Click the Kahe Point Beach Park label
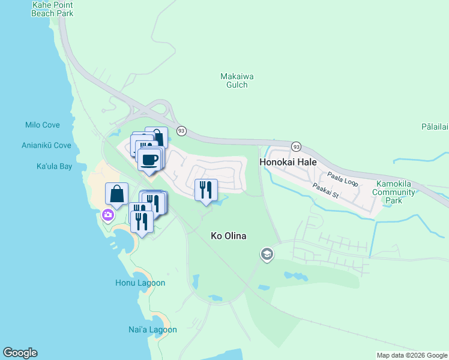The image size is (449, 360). (52, 9)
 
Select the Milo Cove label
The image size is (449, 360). (43, 125)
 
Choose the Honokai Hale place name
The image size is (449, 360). (288, 162)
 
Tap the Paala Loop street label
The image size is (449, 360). (342, 178)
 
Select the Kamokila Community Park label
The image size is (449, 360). (394, 192)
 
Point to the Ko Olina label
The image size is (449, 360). (229, 236)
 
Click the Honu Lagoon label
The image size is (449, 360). (140, 283)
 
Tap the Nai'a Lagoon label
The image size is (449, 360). (152, 329)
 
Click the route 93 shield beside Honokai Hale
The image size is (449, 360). (296, 146)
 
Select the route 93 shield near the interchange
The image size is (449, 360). (181, 131)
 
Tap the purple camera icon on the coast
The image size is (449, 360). (108, 214)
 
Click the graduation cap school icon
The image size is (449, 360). (267, 255)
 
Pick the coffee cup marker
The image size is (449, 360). (149, 160)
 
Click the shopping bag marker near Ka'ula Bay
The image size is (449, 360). (117, 194)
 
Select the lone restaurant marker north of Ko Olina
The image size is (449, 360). (206, 190)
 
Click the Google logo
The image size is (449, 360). (20, 353)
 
